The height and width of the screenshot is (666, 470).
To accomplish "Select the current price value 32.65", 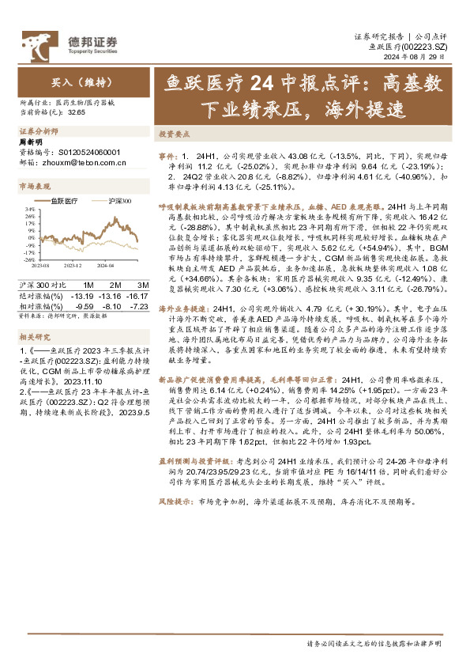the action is [x=77, y=113].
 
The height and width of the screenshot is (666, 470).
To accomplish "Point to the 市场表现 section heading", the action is [x=34, y=186].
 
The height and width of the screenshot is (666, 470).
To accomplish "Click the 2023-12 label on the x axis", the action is [x=73, y=266].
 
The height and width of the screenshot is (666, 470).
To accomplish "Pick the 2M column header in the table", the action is [x=115, y=284].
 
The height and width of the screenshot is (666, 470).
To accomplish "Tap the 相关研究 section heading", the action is [x=34, y=336].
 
